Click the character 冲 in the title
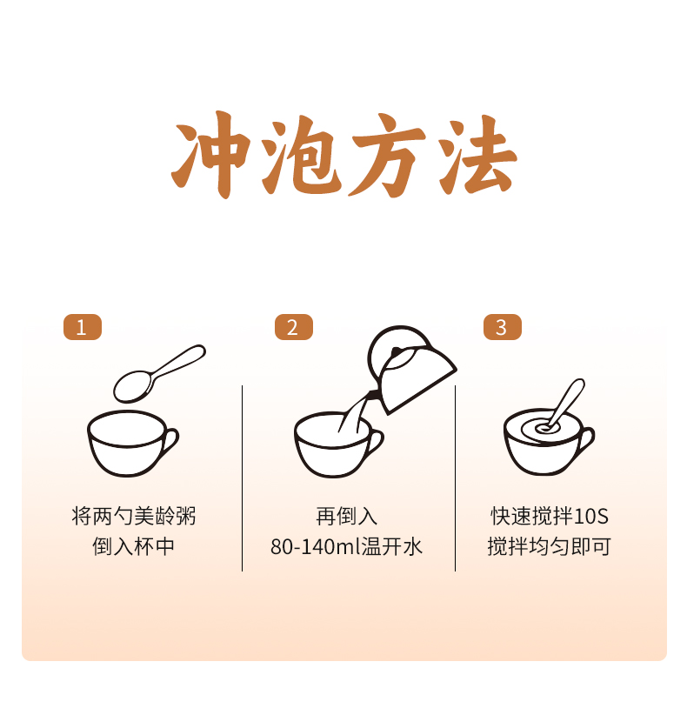point(211,155)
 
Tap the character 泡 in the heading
point(301,155)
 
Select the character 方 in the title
point(388,155)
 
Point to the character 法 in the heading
point(477,155)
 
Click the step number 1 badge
point(83,327)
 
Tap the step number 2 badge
point(294,327)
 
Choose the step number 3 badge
point(503,327)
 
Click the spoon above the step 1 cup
point(159,373)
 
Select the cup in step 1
point(132,444)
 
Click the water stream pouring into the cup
point(352,412)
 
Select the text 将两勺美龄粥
point(134,516)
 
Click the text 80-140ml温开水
point(346,546)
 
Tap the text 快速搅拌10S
point(550,516)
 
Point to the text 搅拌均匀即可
point(550,546)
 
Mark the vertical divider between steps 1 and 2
point(242,478)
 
